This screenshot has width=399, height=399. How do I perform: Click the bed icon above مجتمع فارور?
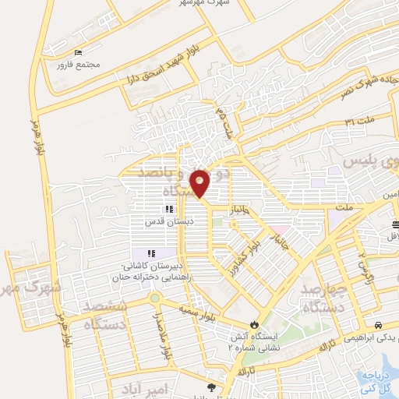pos(77,52)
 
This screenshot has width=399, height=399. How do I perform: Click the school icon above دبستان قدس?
pos(169,209)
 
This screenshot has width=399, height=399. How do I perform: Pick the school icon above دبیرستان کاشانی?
pos(151,252)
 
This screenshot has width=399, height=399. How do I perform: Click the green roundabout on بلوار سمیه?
pos(155,297)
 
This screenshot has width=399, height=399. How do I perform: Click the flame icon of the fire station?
pos(253,323)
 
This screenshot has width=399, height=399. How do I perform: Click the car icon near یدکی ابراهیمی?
pos(377,325)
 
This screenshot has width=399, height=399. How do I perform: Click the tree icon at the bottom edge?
pos(211,387)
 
